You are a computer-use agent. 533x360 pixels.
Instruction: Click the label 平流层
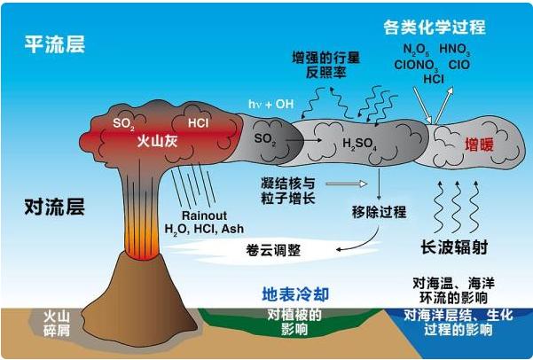(54, 44)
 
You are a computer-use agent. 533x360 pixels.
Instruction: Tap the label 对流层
(54, 207)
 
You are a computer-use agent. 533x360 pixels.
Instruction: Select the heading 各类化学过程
(435, 27)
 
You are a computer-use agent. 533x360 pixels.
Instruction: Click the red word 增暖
(479, 145)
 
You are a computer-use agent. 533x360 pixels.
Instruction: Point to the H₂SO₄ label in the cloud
(359, 144)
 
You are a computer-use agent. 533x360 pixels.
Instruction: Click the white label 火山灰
(157, 140)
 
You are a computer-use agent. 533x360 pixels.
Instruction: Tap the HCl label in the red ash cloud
(198, 122)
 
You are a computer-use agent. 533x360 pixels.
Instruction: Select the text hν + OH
(270, 104)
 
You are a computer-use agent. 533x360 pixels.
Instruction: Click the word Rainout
(204, 215)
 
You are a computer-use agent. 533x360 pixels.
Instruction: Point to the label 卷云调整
(273, 251)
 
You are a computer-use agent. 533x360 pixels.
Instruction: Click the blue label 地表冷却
(295, 294)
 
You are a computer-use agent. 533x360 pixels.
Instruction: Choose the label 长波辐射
(454, 247)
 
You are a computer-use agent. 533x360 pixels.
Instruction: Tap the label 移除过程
(379, 212)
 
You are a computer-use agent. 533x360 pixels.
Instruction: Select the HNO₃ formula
(455, 50)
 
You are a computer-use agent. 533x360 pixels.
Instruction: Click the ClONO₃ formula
(416, 65)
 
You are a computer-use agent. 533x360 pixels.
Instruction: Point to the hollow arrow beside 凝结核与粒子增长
(347, 184)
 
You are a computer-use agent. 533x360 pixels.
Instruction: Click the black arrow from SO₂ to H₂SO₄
(303, 140)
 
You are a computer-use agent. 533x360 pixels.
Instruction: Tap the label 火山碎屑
(57, 323)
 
